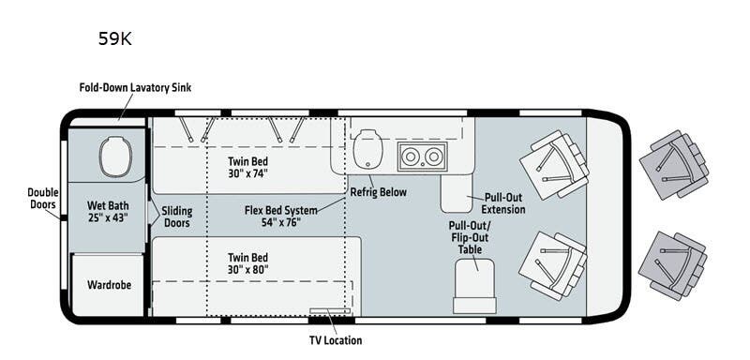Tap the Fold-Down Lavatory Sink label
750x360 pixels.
(x=136, y=88)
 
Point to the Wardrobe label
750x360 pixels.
(x=108, y=284)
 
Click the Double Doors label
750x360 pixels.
(x=42, y=198)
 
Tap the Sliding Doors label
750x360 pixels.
(x=176, y=217)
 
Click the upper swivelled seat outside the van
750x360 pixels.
(x=672, y=165)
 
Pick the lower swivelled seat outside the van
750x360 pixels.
(x=672, y=264)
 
